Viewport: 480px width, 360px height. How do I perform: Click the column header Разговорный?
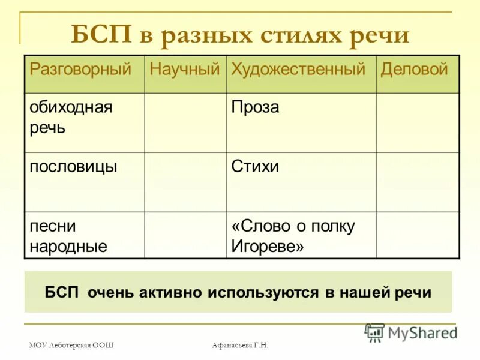coord(80,70)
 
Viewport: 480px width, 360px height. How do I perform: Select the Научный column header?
coord(185,70)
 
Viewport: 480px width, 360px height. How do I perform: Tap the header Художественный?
coord(298,70)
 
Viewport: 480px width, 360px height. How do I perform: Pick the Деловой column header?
coord(415,70)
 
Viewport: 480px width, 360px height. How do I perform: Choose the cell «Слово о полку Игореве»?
coord(293,236)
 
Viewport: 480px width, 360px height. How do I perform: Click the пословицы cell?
coord(73,166)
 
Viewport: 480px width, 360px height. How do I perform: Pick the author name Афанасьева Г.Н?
coord(240,344)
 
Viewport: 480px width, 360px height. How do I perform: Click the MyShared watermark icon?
coord(374,332)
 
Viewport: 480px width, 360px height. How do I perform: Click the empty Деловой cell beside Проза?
coord(418,122)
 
